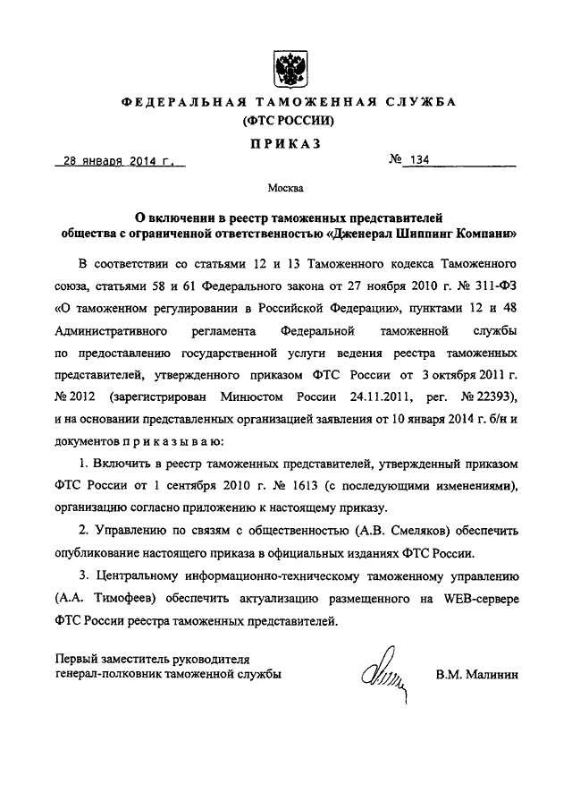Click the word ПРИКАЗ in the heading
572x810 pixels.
[286, 142]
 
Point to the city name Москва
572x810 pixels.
[285, 189]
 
